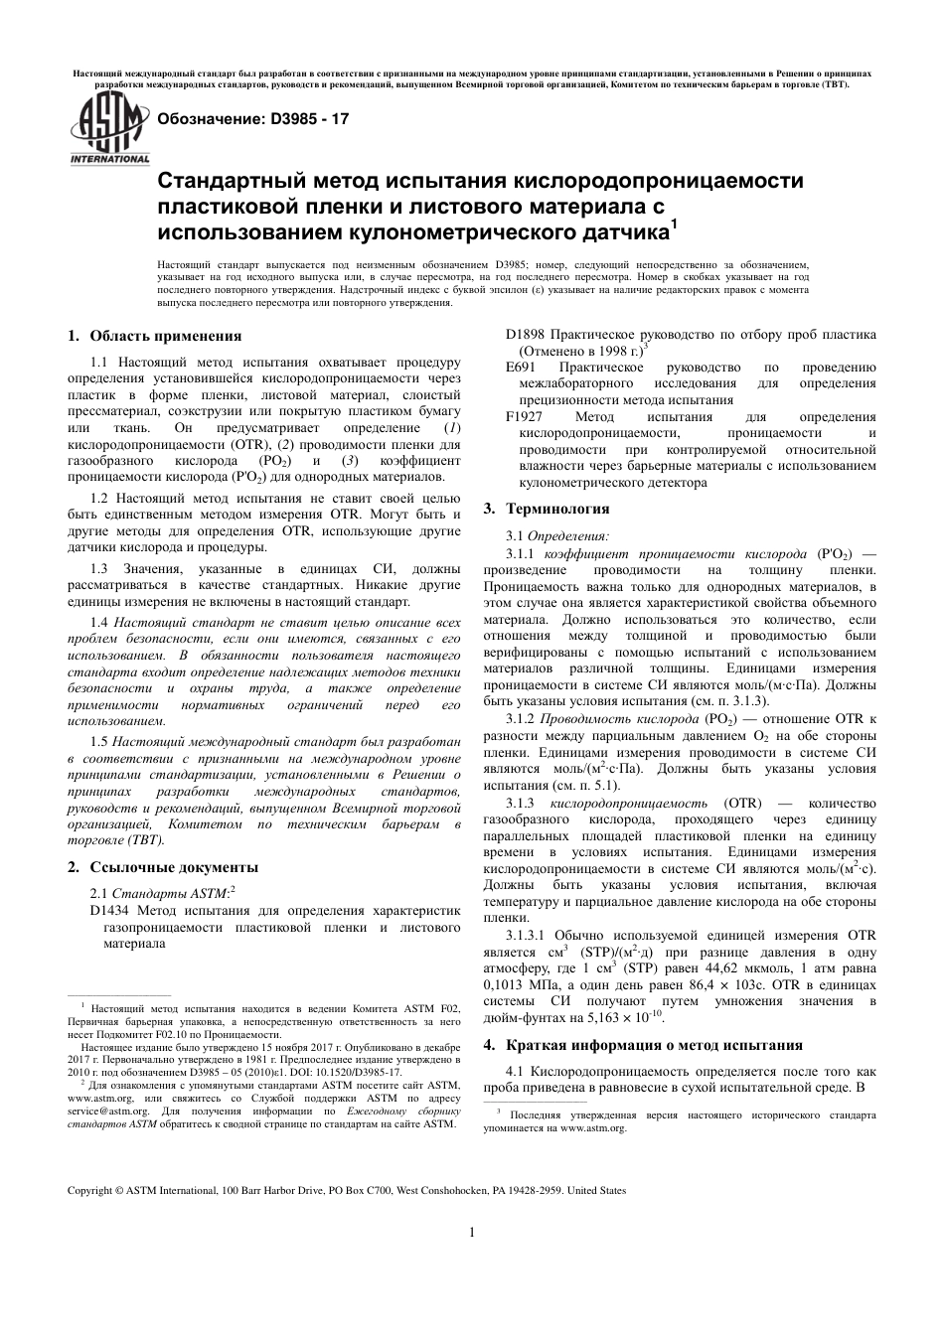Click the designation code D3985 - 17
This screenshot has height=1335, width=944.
click(303, 119)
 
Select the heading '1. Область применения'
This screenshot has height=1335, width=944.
click(154, 336)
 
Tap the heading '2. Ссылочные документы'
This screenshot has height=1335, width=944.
click(162, 867)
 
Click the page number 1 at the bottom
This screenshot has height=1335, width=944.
click(471, 1233)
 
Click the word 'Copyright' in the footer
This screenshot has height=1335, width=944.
click(90, 1189)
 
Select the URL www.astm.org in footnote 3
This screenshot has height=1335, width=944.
click(593, 1128)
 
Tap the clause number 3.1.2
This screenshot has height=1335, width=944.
click(520, 718)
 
